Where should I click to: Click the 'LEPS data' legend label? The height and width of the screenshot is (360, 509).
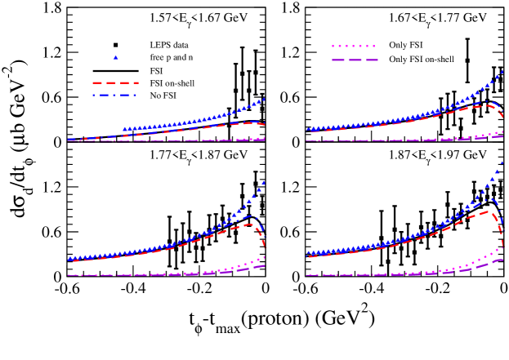click(171, 44)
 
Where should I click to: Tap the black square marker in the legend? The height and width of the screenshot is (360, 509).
click(116, 44)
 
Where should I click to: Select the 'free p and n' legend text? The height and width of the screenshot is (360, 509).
click(171, 57)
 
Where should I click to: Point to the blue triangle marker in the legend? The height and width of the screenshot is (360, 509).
click(116, 57)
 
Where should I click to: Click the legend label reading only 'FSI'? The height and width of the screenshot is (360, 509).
click(156, 70)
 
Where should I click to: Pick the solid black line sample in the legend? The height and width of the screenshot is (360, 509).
click(116, 70)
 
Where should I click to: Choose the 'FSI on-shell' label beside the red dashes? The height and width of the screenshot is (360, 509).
click(172, 83)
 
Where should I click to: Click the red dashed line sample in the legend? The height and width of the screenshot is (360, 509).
click(116, 83)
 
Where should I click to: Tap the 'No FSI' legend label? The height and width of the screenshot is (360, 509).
click(163, 96)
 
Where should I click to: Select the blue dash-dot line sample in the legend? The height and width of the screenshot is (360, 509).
click(116, 96)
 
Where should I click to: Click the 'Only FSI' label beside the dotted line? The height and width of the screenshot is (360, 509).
click(405, 45)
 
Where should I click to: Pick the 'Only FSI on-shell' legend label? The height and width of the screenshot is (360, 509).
click(421, 60)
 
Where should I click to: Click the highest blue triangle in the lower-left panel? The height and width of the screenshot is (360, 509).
click(263, 182)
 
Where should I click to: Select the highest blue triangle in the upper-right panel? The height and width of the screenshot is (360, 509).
click(502, 72)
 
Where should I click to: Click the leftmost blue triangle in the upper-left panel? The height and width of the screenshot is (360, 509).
click(124, 129)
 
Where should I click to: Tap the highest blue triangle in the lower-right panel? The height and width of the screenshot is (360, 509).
click(502, 163)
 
